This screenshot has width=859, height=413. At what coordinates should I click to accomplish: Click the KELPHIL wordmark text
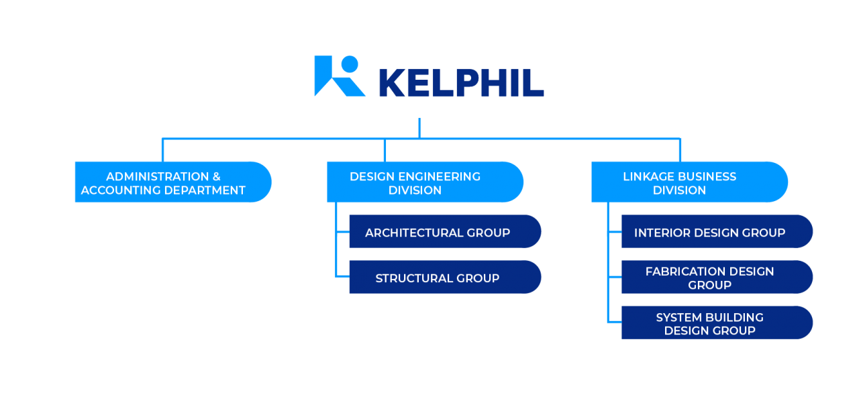click(x=461, y=82)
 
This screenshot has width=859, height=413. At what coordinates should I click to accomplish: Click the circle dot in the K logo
click(x=349, y=63)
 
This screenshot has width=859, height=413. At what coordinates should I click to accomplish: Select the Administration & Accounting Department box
click(x=172, y=182)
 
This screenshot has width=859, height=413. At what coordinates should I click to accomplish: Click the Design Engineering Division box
click(x=424, y=182)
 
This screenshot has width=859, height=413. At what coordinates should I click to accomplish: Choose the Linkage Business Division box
click(x=689, y=182)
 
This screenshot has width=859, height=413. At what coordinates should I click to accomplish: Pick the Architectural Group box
click(x=444, y=232)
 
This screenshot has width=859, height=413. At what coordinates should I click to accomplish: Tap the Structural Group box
click(x=444, y=278)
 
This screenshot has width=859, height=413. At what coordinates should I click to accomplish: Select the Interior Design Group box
click(x=716, y=232)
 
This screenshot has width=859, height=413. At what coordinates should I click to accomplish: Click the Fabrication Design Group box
click(x=716, y=278)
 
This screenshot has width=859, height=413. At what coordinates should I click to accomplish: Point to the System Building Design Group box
click(x=716, y=323)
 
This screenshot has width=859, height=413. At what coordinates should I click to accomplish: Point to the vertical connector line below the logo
click(x=419, y=127)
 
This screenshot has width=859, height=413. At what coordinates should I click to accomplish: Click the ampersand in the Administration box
click(x=216, y=176)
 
